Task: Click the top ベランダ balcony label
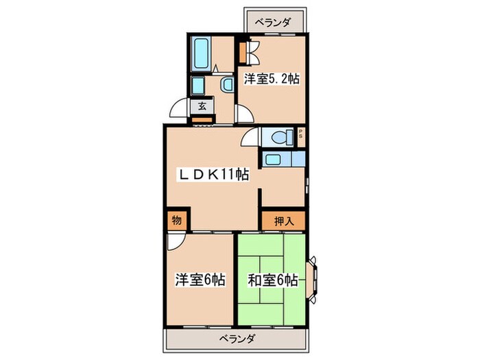point(274,23)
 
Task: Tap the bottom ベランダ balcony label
point(238,338)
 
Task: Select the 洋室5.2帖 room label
point(271,79)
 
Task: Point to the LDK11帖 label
point(213,175)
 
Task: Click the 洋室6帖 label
point(200,280)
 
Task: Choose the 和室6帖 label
point(273,280)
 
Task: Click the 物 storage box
point(176,221)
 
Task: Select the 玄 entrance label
point(203,106)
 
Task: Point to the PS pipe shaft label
point(300,135)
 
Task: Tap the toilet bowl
point(280,136)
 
